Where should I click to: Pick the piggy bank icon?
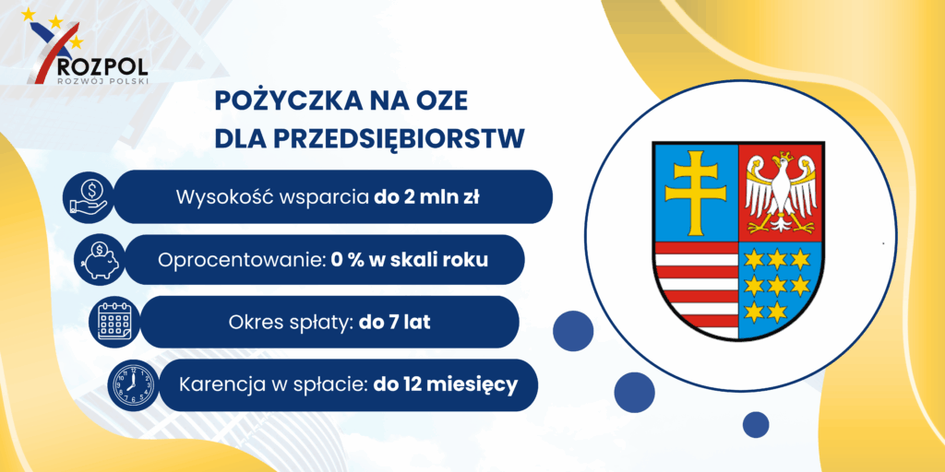coord(99,259)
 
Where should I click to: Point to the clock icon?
coord(131,385)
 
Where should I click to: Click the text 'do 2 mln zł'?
coord(426,197)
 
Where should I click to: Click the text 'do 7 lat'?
coord(395,322)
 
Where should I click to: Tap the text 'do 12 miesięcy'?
coord(446,384)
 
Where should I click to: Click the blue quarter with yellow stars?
coord(779,286)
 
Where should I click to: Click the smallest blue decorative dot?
coord(756,424)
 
